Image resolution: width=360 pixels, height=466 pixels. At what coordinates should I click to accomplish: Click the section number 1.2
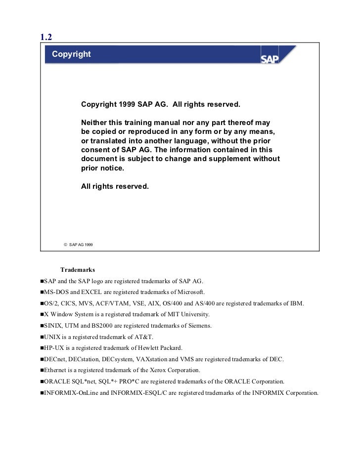(x=46, y=37)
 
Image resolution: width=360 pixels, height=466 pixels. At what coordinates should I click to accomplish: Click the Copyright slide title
(x=71, y=53)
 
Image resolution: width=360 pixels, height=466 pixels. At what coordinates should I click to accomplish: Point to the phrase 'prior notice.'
(x=103, y=169)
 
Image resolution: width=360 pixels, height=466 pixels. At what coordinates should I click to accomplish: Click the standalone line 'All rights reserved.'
(x=114, y=187)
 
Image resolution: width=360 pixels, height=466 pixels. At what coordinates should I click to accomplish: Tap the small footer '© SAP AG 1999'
(x=78, y=245)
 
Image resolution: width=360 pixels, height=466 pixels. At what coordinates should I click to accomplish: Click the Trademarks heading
(x=78, y=270)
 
